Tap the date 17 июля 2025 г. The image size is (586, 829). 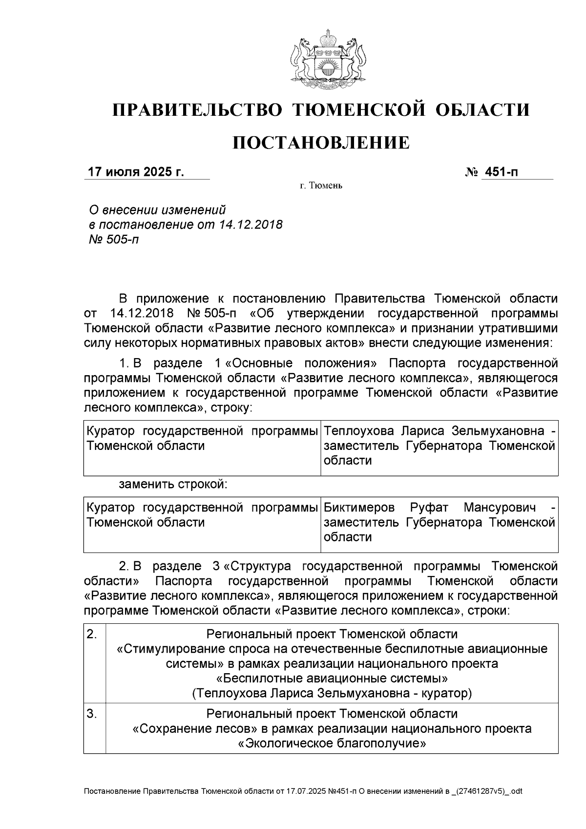point(135,172)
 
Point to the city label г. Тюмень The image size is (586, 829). point(321,186)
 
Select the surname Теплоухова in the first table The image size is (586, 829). point(360,431)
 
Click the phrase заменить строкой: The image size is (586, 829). point(173,485)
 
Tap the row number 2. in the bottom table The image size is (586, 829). point(92,635)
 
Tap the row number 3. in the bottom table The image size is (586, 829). point(92,714)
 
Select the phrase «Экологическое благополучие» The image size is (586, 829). point(332,744)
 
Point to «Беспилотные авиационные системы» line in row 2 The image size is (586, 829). point(332,679)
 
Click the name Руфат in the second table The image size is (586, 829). point(428,508)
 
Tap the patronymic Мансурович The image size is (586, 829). point(499,508)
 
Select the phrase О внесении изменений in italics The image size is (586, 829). point(157,210)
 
